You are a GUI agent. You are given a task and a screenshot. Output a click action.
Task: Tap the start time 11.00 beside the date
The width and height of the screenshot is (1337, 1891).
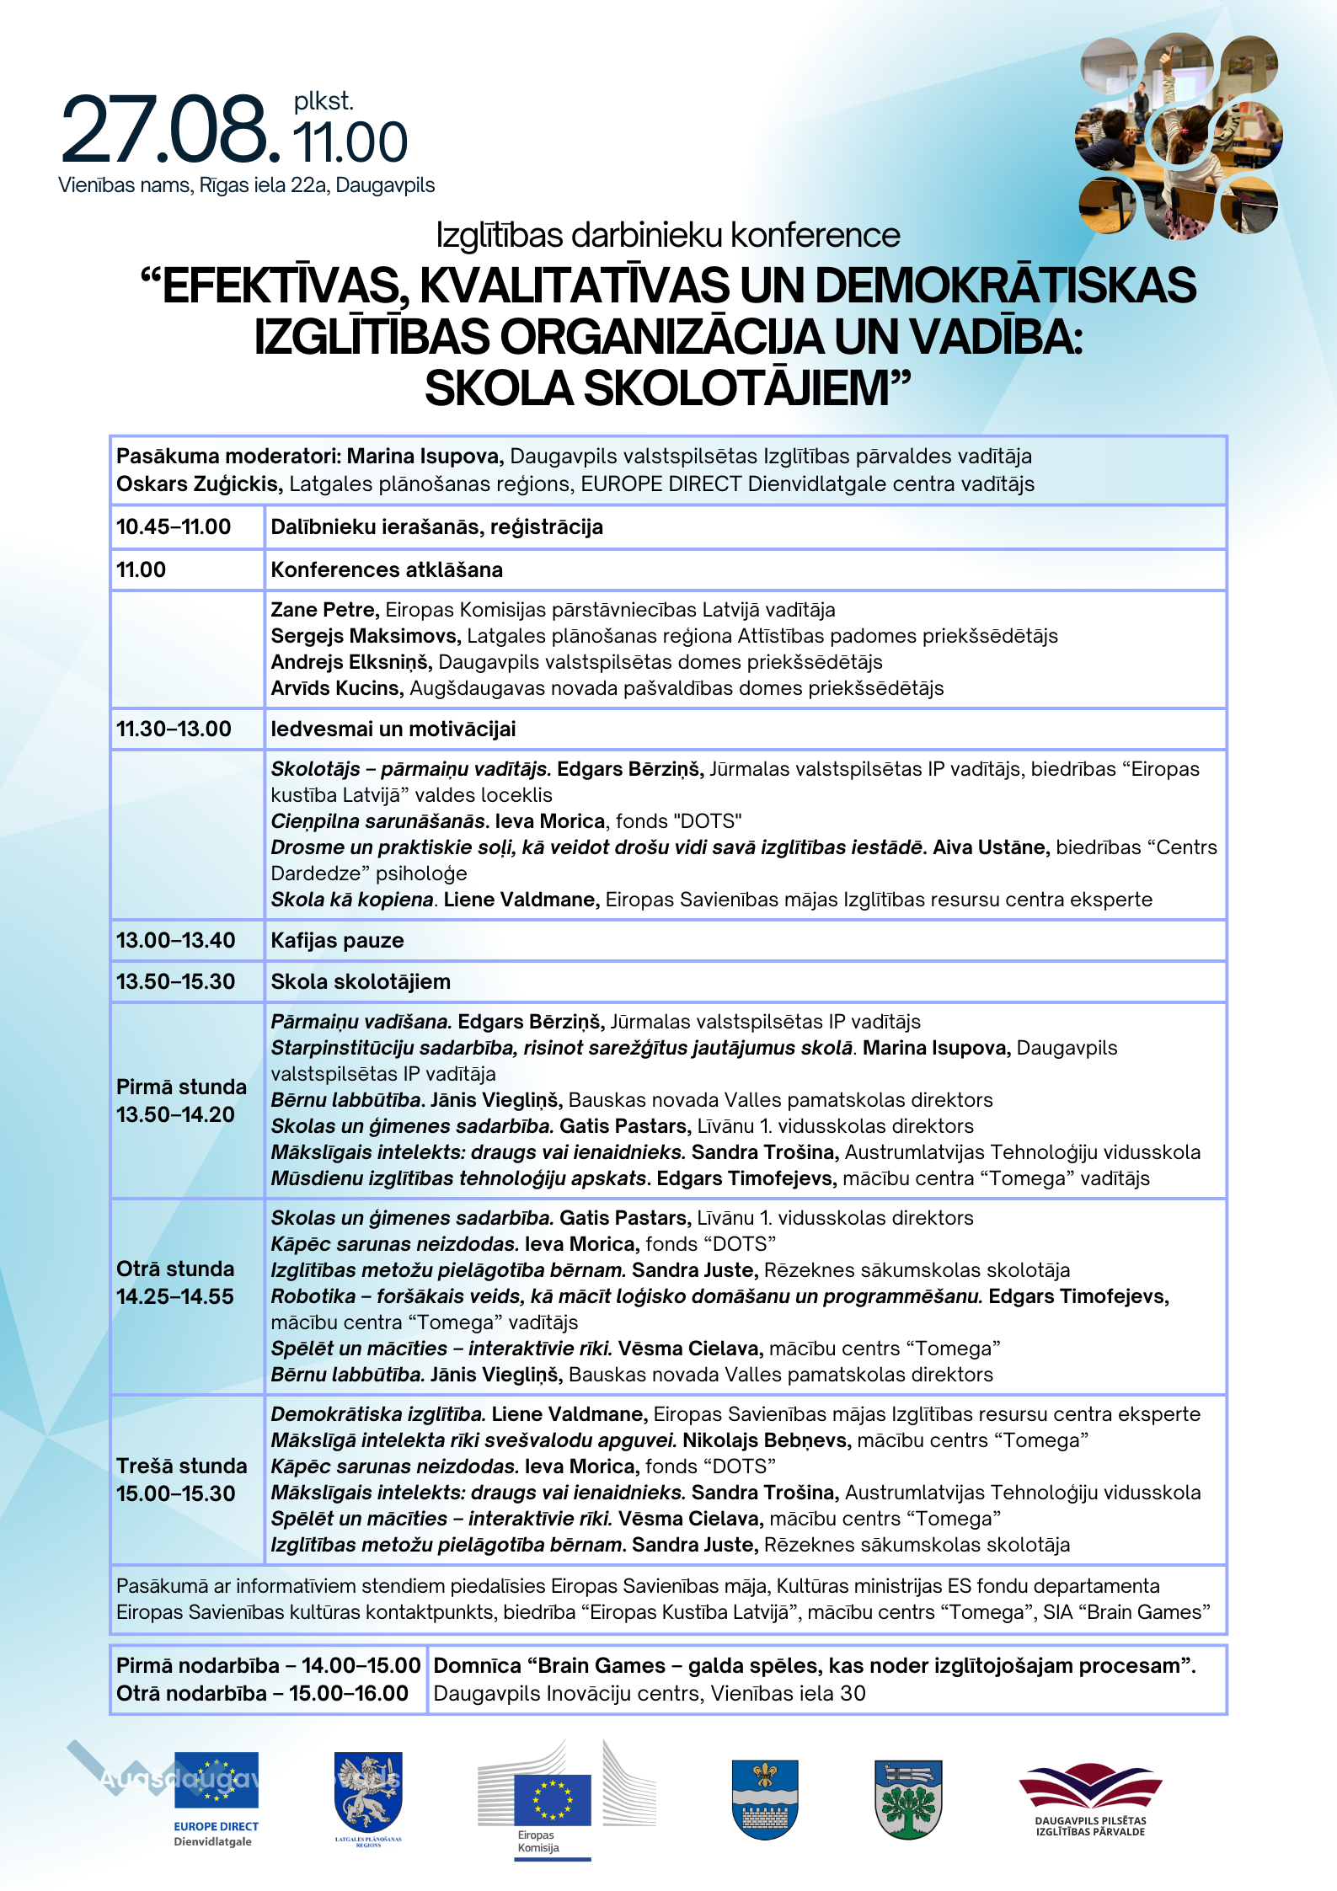(x=350, y=142)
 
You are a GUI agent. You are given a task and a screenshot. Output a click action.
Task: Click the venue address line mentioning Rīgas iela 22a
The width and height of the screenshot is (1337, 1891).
(x=246, y=185)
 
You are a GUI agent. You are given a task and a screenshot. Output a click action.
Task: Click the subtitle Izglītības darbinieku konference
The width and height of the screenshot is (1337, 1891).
(x=667, y=236)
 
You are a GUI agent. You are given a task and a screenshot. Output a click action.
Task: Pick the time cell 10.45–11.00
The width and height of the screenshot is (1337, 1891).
(x=174, y=527)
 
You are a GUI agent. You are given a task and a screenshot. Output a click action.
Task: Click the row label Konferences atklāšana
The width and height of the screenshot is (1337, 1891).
(x=387, y=570)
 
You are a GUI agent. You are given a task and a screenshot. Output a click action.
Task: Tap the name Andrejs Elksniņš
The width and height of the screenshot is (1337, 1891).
(x=350, y=662)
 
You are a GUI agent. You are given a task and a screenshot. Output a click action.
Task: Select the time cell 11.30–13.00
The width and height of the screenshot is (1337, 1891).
(x=174, y=729)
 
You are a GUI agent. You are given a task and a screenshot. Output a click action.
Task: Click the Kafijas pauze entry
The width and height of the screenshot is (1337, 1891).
(x=337, y=941)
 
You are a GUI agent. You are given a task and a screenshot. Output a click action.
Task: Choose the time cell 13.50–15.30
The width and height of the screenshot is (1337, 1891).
(x=175, y=982)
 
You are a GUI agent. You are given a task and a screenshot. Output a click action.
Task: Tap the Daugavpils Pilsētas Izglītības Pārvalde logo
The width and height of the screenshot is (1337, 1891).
(x=1090, y=1798)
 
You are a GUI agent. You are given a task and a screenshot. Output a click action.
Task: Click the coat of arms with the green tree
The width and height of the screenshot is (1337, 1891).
(x=908, y=1798)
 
